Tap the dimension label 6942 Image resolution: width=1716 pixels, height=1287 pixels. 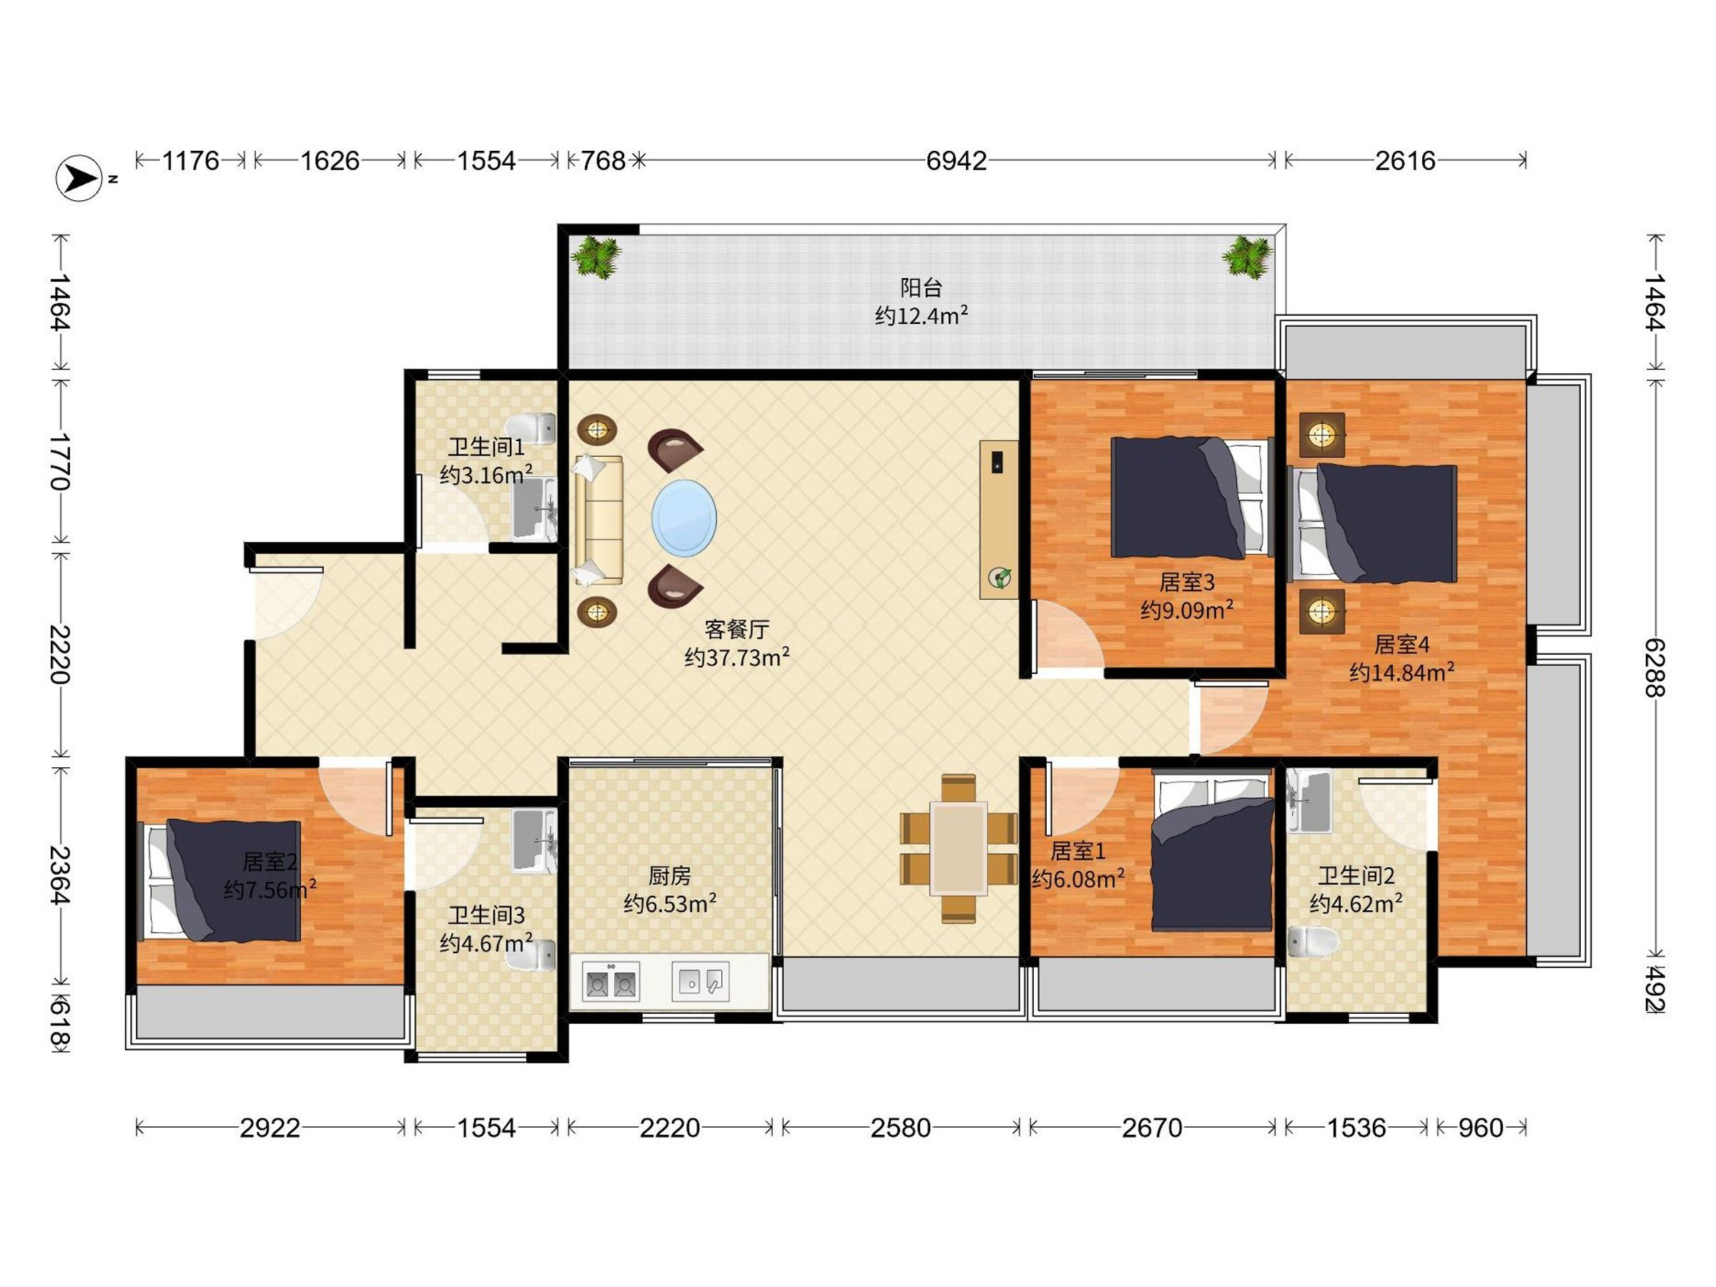(957, 161)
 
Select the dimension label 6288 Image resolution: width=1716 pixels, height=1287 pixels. (1654, 667)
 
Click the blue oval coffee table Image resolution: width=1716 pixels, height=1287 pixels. (684, 518)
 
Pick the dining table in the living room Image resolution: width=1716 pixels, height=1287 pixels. (959, 849)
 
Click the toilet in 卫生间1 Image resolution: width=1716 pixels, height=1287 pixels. (531, 428)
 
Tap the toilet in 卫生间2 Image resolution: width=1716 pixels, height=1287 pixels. (1313, 942)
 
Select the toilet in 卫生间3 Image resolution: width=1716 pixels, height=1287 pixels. (531, 956)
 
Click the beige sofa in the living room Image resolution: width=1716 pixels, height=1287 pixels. (598, 520)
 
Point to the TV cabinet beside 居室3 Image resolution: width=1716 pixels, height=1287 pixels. (999, 519)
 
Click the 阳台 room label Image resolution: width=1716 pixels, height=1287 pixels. (921, 288)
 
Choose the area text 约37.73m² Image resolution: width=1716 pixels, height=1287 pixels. (737, 657)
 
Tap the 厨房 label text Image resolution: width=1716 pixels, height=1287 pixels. (669, 876)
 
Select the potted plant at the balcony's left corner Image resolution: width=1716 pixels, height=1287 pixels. (596, 255)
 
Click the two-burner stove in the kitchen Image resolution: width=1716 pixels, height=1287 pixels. (611, 982)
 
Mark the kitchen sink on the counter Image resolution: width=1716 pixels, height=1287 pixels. (701, 982)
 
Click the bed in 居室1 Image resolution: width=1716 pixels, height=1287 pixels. (1211, 850)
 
